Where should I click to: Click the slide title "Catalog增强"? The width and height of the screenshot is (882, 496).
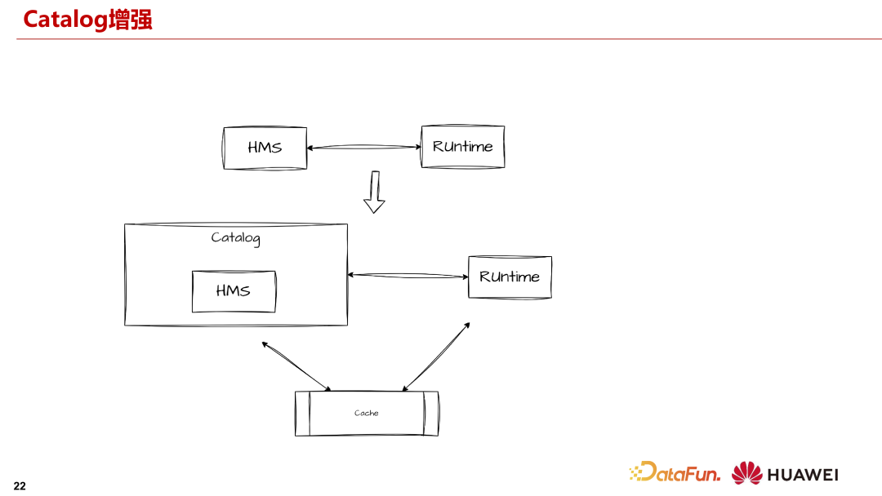coord(87,19)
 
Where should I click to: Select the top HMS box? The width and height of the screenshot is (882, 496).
coord(265,148)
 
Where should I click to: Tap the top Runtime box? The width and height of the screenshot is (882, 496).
coord(462,147)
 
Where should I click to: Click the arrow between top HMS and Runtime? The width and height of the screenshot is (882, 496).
coord(363,148)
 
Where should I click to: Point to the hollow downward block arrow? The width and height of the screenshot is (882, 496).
coord(374,193)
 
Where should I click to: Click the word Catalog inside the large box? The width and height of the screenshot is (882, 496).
coord(235,238)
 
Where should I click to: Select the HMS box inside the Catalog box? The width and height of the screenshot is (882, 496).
coord(234,291)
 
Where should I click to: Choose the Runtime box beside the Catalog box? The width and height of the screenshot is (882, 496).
coord(510,277)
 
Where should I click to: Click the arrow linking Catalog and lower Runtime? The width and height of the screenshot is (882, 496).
coord(408,276)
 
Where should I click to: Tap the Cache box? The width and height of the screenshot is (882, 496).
coord(367,414)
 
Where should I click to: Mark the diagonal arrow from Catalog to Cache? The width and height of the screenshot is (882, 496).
coord(296,366)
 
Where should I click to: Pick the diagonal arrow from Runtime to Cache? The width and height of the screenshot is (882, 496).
coord(436,356)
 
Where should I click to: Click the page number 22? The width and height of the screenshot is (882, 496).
coord(20,486)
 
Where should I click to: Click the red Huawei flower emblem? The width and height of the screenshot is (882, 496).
coord(746,473)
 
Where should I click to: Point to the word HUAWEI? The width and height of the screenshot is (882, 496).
coord(802,474)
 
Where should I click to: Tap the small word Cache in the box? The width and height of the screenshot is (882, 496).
coord(367,414)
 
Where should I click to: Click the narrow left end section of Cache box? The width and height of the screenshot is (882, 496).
coord(302,414)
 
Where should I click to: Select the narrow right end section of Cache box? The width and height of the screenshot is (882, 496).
coord(431,414)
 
